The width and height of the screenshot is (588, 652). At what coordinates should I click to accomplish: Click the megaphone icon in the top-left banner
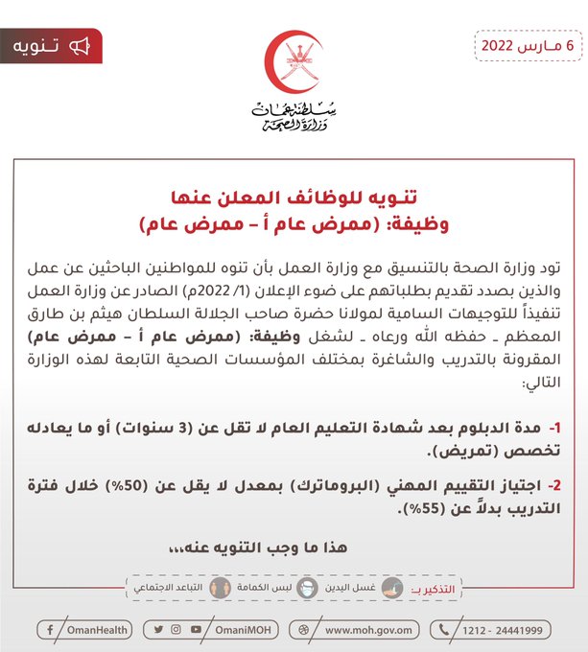click(80, 46)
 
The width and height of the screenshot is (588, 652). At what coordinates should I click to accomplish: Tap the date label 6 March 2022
click(528, 45)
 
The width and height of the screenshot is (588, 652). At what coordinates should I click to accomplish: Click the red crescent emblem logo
click(294, 63)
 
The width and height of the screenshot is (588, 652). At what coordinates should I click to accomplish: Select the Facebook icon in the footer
click(49, 630)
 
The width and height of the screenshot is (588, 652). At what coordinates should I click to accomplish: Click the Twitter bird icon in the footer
click(158, 630)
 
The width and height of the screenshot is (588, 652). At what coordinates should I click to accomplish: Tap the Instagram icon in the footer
click(176, 630)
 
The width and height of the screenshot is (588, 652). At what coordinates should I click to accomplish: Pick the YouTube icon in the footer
click(196, 630)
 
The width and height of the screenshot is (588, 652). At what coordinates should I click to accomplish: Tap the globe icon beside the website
click(308, 630)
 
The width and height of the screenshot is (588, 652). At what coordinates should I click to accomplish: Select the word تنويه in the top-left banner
click(39, 46)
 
